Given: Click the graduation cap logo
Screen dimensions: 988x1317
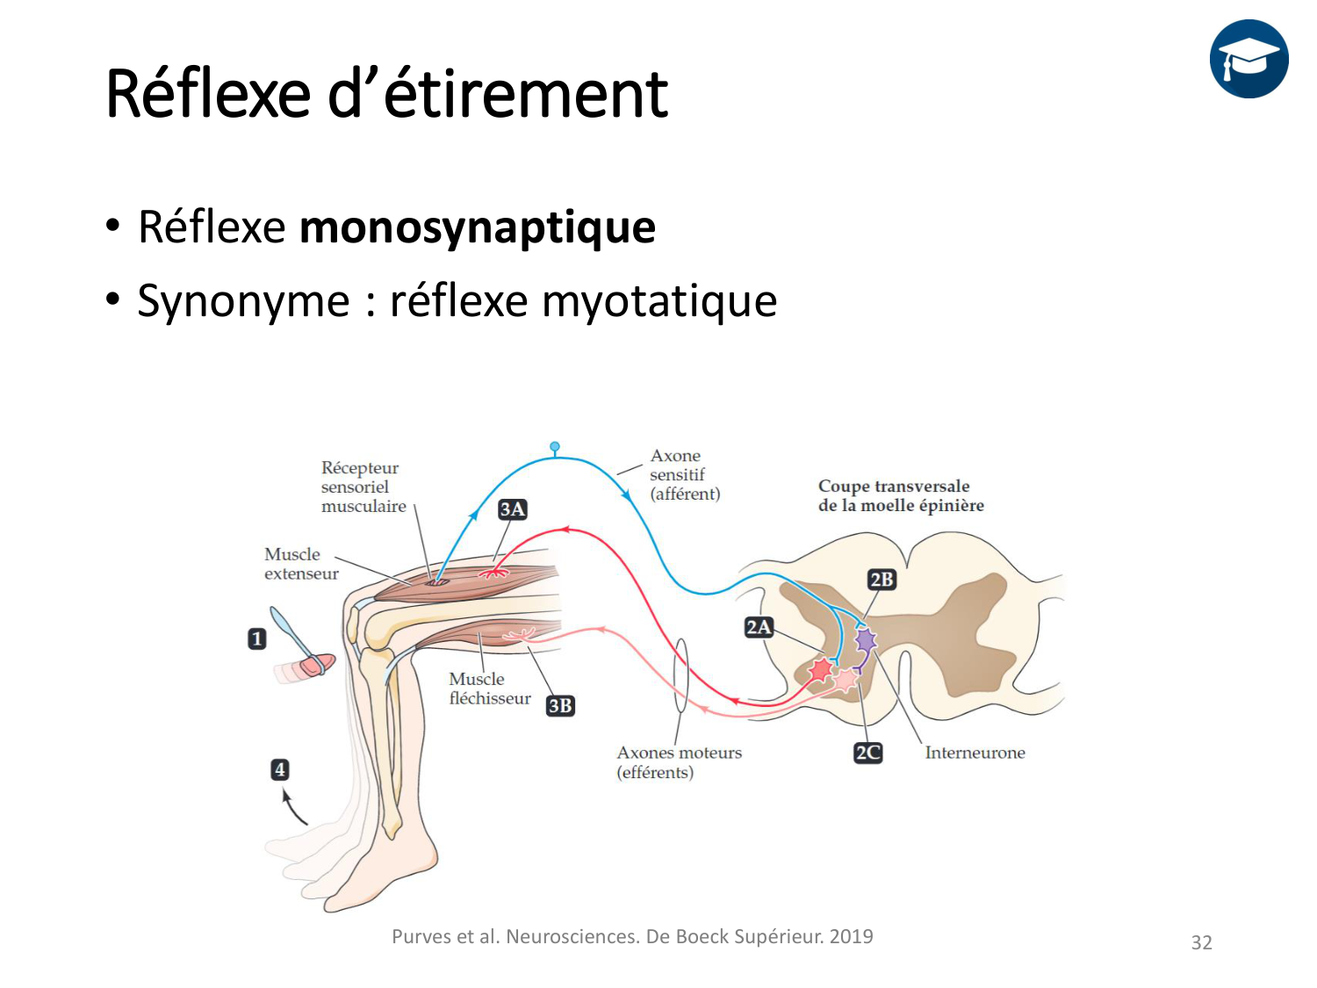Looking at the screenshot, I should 1249,59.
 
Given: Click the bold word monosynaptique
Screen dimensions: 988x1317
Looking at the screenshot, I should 478,227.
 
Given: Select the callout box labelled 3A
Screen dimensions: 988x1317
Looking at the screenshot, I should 513,509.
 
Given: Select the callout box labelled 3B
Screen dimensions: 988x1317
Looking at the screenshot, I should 560,706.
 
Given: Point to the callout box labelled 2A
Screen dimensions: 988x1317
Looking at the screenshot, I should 759,627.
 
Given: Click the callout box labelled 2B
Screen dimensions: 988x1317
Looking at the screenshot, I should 882,580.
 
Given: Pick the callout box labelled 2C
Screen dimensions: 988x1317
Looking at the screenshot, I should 867,753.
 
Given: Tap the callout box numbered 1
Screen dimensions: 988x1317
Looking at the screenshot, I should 256,638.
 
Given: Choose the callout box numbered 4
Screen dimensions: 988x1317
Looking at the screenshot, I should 279,770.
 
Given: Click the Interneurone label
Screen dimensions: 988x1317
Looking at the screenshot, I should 975,753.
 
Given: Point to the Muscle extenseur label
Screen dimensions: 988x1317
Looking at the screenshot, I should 300,564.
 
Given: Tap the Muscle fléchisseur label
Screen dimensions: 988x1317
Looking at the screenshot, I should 489,689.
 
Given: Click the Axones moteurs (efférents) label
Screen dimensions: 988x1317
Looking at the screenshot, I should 679,762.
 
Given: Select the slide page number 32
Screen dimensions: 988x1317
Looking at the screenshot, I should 1201,942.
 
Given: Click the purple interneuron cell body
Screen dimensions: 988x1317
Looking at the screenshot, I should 866,639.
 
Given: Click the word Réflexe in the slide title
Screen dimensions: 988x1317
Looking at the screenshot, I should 208,94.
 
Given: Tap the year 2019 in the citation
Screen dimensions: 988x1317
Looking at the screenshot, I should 851,936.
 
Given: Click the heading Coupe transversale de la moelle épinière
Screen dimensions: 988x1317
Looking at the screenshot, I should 901,495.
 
